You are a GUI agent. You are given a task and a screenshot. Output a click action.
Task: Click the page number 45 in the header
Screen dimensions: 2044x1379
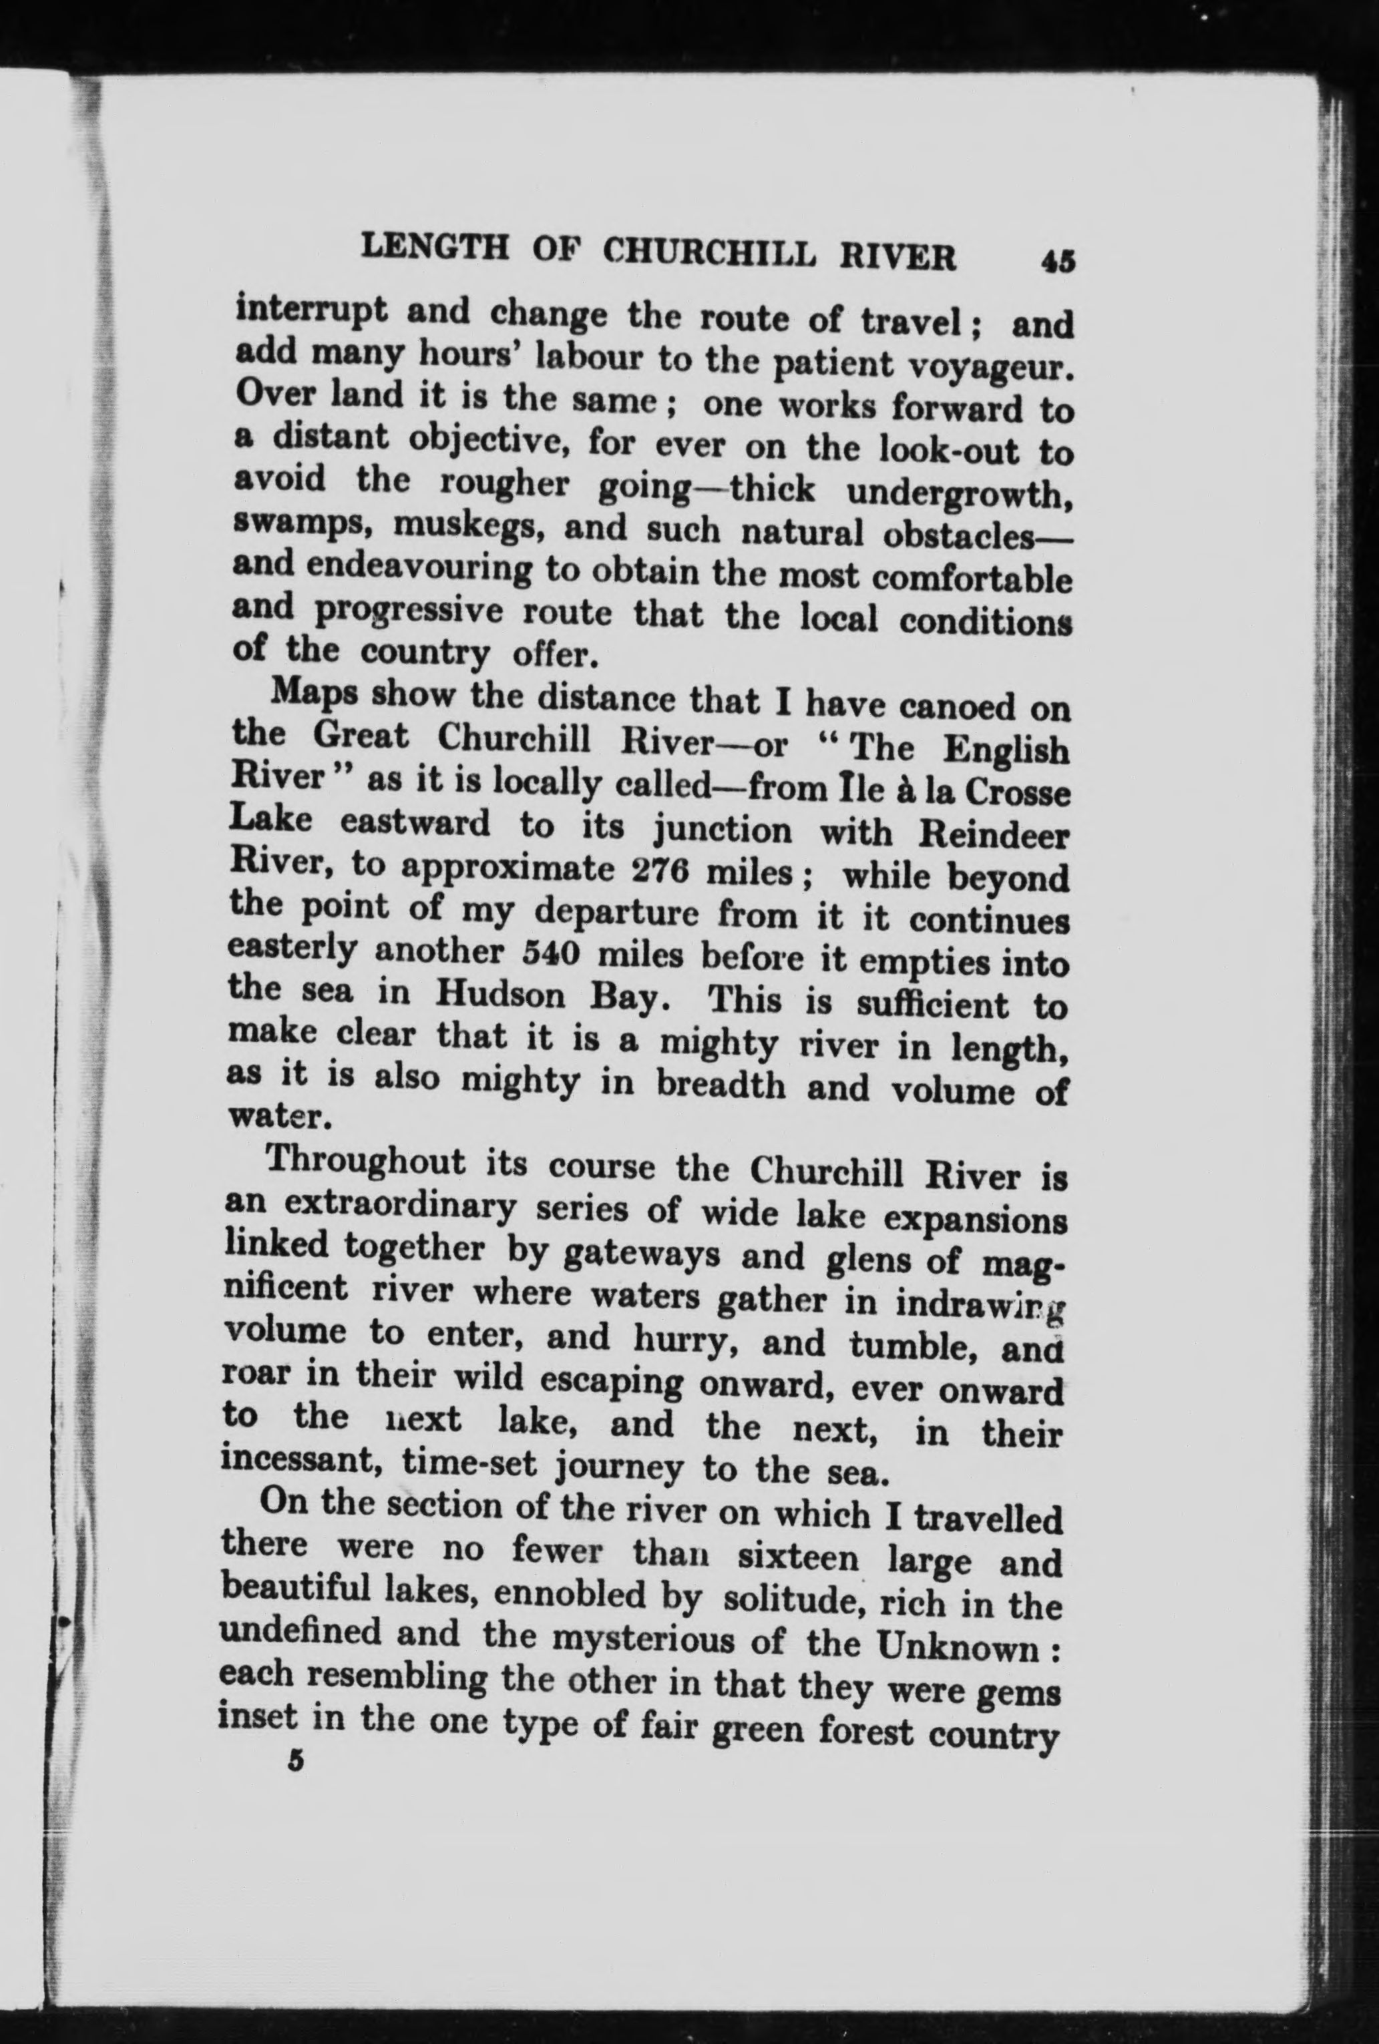(1057, 262)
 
